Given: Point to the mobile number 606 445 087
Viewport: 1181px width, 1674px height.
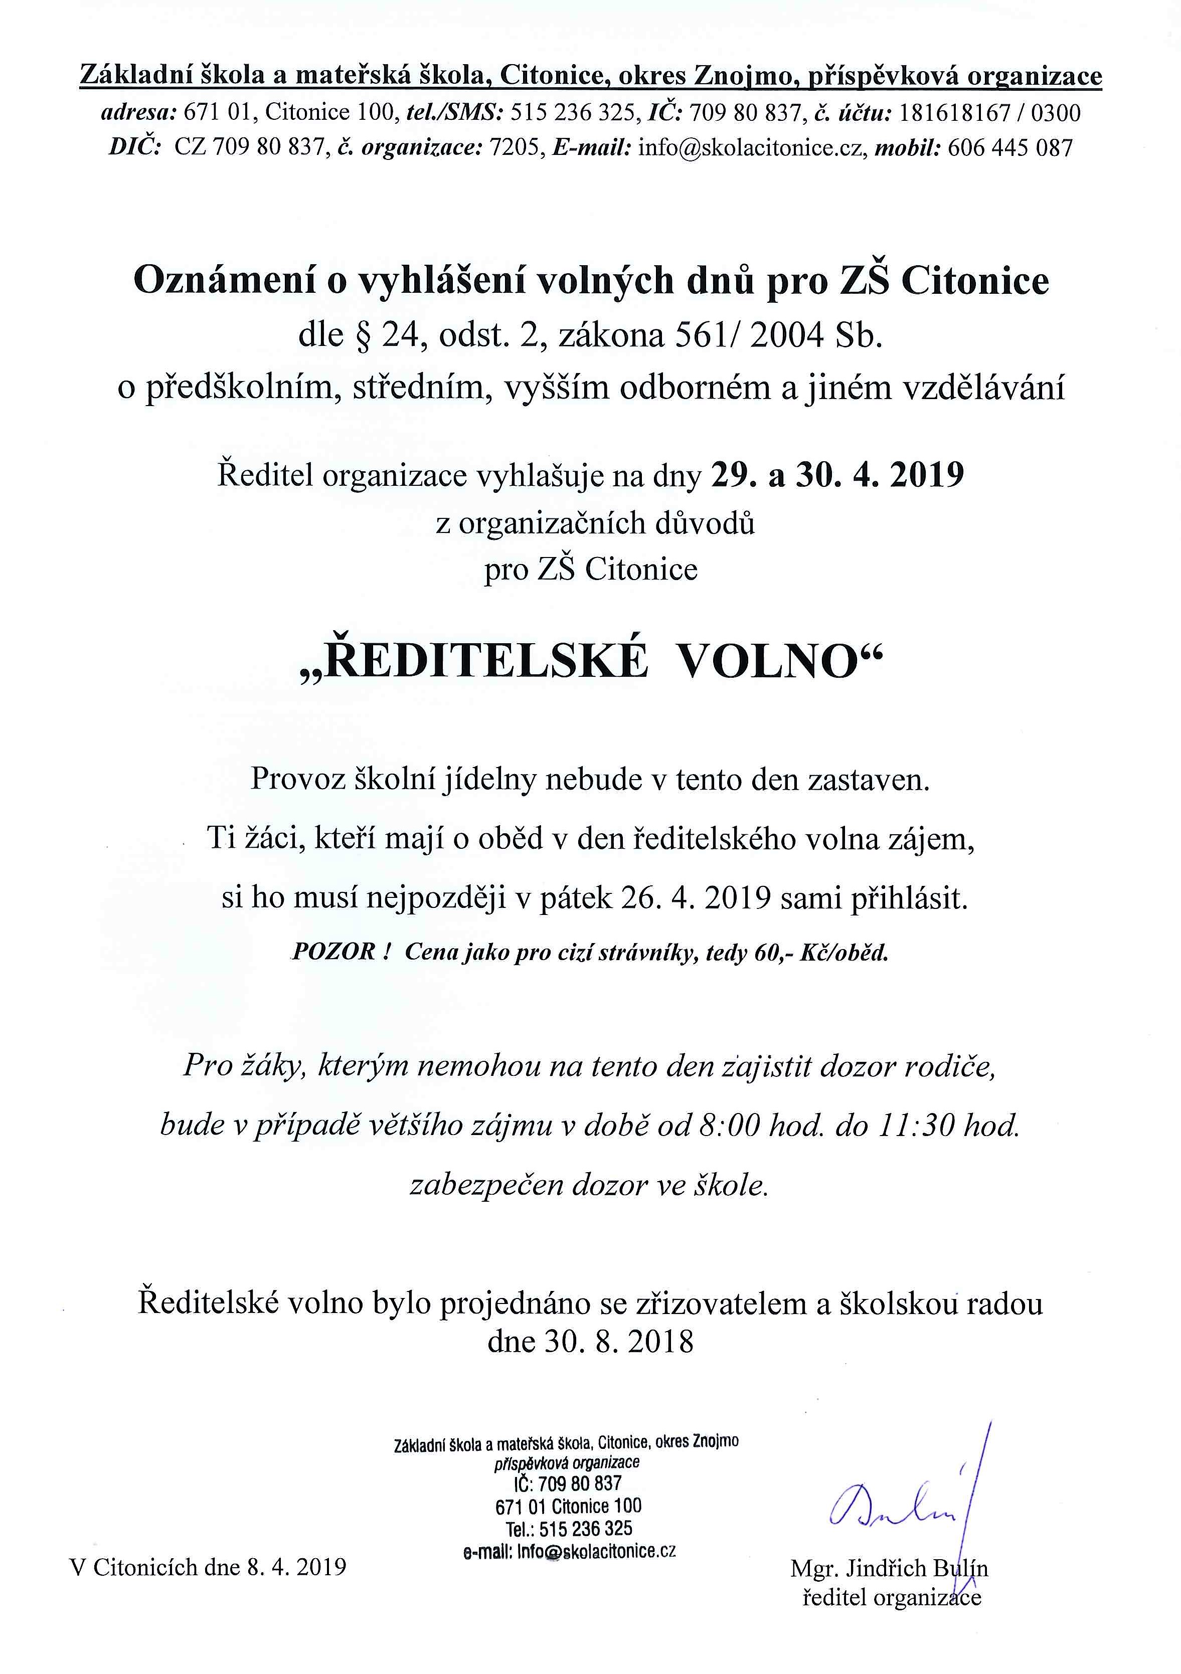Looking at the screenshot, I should coord(1010,148).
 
